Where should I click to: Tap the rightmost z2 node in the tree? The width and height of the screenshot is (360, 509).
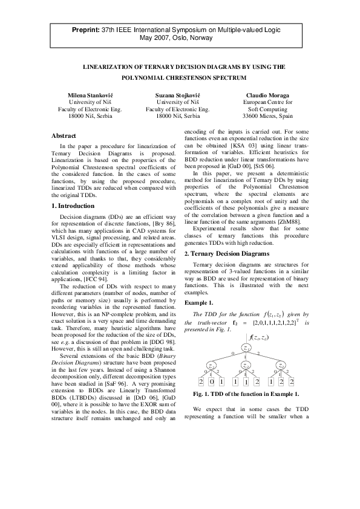click(x=280, y=365)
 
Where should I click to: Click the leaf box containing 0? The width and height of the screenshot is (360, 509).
click(x=212, y=383)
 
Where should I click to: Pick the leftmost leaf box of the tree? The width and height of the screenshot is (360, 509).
click(x=201, y=383)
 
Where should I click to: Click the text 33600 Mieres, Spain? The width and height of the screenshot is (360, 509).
click(x=267, y=115)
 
